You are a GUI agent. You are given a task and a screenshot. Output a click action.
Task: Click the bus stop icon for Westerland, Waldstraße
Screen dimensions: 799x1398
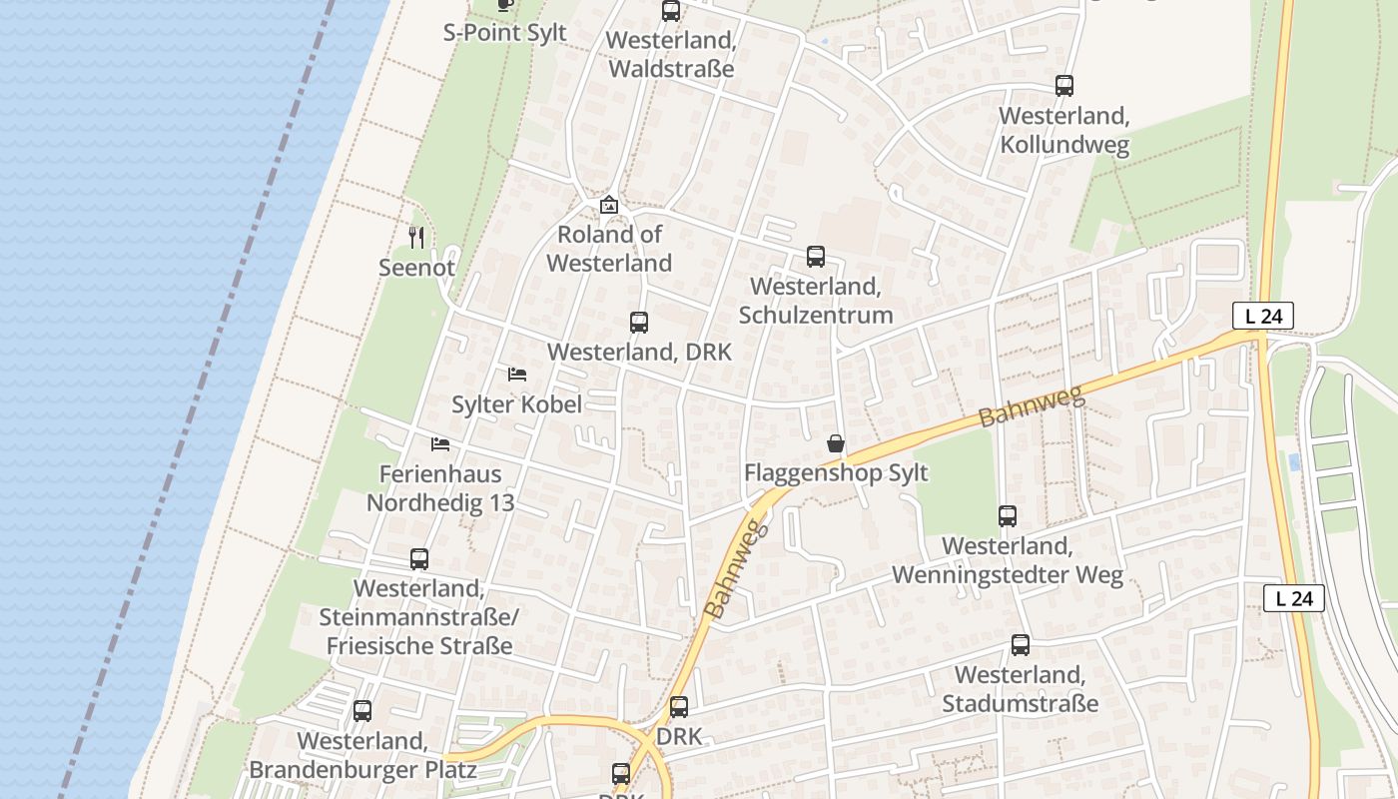(x=671, y=12)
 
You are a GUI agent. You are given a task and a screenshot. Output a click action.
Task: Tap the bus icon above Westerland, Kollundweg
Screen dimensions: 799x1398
(x=1064, y=86)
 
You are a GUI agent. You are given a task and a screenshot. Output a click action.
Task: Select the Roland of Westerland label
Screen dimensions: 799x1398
(x=609, y=249)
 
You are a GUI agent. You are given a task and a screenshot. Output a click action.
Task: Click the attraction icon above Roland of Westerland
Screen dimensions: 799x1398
(x=609, y=205)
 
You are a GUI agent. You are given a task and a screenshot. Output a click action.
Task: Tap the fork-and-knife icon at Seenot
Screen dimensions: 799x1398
(x=417, y=238)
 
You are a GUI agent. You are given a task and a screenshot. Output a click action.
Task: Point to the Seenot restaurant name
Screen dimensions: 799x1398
(x=416, y=268)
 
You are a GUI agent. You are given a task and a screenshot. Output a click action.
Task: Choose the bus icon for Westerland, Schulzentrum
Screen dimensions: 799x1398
(x=816, y=257)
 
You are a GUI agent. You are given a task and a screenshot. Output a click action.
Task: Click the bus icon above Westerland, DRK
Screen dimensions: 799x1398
(x=639, y=323)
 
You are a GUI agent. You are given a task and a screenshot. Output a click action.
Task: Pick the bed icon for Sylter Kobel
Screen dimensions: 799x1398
(x=517, y=375)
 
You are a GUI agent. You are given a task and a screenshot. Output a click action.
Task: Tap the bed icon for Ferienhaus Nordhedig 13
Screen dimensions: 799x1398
(x=440, y=443)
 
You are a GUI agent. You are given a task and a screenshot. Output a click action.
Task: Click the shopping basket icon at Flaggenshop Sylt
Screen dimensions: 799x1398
(x=836, y=443)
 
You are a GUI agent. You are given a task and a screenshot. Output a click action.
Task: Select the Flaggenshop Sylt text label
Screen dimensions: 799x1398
(x=836, y=472)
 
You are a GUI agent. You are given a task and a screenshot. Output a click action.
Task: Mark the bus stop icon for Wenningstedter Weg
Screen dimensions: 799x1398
(x=1008, y=516)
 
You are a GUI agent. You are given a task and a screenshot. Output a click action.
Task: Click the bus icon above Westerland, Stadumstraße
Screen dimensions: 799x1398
(x=1021, y=645)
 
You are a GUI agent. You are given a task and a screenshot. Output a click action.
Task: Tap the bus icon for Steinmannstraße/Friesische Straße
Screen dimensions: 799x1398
(x=419, y=559)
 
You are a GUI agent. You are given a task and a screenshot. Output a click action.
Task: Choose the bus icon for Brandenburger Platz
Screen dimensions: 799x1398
(x=362, y=711)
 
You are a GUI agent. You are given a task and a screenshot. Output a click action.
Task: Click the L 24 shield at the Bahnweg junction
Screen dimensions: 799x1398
(x=1263, y=316)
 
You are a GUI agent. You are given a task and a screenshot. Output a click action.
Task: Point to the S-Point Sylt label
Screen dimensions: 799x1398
(x=504, y=33)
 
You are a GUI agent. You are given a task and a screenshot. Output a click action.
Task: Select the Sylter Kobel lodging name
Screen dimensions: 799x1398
(x=516, y=404)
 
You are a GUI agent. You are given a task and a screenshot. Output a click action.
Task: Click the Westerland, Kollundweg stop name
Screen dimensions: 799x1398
(x=1064, y=131)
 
